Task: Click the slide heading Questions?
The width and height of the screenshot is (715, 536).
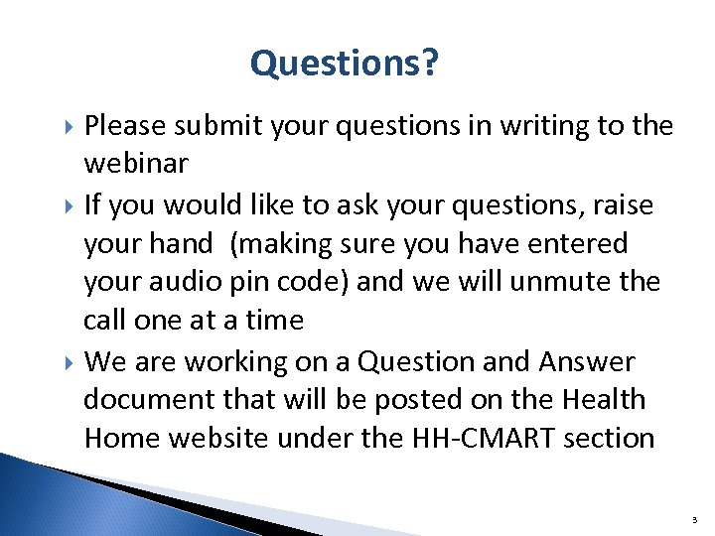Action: pyautogui.click(x=345, y=64)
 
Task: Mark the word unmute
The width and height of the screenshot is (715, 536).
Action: pyautogui.click(x=573, y=282)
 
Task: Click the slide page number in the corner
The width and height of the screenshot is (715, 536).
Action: pyautogui.click(x=691, y=518)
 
